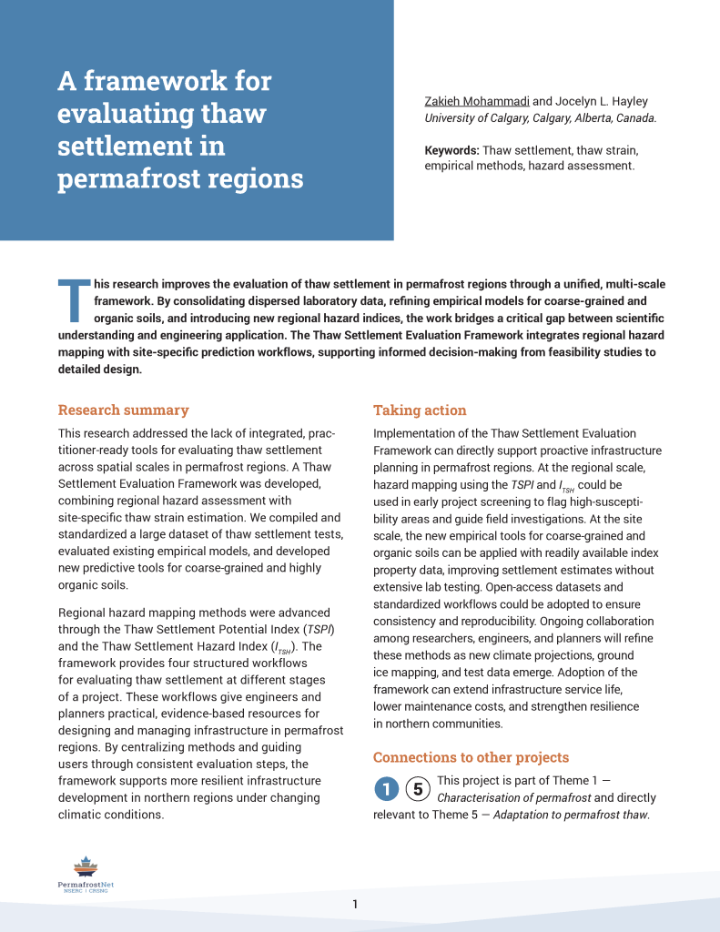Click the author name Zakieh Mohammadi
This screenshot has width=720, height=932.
tap(476, 101)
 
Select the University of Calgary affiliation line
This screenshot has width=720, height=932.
tap(540, 118)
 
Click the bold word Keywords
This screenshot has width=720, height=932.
tap(451, 150)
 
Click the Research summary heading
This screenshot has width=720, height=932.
tap(123, 410)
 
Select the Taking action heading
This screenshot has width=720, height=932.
tap(420, 410)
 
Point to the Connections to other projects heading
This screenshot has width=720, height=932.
tap(471, 757)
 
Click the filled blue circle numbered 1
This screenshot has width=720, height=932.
tap(387, 789)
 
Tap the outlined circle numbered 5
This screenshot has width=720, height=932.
tap(417, 789)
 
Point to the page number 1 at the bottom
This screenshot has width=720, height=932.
tap(355, 904)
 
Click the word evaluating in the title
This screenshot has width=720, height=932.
tap(126, 115)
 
